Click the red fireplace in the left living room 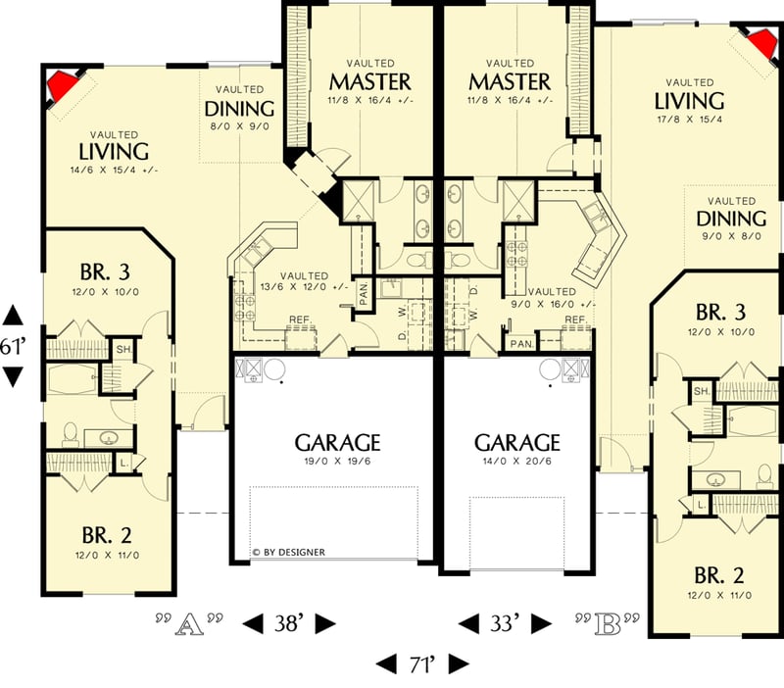(63, 86)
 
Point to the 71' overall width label (423, 663)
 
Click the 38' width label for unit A (289, 623)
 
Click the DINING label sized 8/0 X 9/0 (239, 109)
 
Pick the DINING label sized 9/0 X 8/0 (731, 218)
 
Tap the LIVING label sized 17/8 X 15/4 (690, 101)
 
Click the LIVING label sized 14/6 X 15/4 (114, 152)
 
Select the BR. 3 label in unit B (720, 313)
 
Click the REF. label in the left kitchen (299, 320)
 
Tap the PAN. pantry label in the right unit (521, 343)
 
